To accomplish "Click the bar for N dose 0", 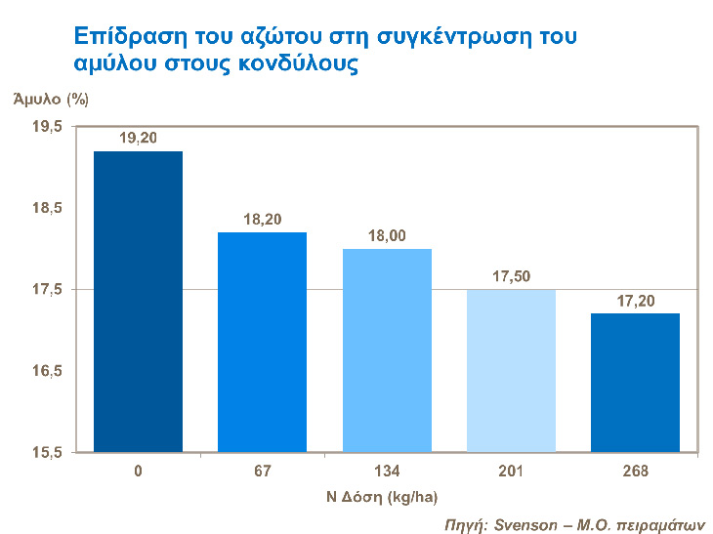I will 140,302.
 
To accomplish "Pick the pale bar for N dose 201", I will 512,371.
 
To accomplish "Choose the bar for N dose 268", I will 637,383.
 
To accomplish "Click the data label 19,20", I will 139,139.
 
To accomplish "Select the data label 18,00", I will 388,236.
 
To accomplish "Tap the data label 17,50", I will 512,276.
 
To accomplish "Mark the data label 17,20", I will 637,301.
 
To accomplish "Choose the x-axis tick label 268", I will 637,472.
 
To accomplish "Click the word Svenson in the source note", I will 524,521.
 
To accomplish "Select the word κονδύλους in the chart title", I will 301,64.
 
